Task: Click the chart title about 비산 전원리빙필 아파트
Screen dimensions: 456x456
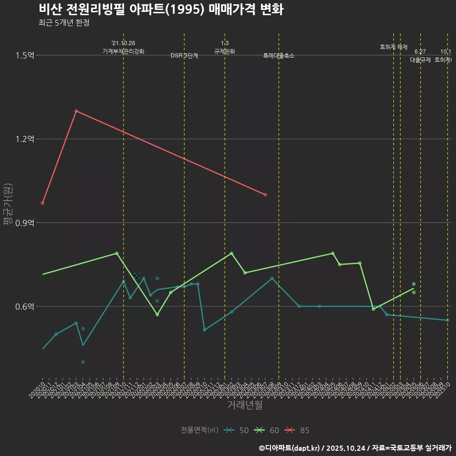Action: [161, 9]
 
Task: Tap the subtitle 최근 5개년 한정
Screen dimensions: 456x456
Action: [64, 23]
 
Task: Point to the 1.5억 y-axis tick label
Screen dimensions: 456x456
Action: [25, 56]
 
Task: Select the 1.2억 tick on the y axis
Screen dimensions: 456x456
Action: [25, 139]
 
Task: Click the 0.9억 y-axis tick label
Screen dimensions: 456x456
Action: [25, 223]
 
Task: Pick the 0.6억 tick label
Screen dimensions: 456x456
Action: [25, 306]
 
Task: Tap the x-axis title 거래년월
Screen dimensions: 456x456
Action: [245, 405]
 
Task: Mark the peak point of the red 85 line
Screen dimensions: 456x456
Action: [76, 111]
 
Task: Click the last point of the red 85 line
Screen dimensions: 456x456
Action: [265, 195]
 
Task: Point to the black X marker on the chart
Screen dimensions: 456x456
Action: [137, 275]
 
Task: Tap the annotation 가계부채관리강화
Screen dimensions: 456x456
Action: [123, 51]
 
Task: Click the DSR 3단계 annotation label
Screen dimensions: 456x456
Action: [184, 56]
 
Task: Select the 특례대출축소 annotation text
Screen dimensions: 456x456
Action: [279, 56]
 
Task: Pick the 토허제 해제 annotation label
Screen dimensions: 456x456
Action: [394, 47]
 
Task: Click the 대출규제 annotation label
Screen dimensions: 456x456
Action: [420, 60]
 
